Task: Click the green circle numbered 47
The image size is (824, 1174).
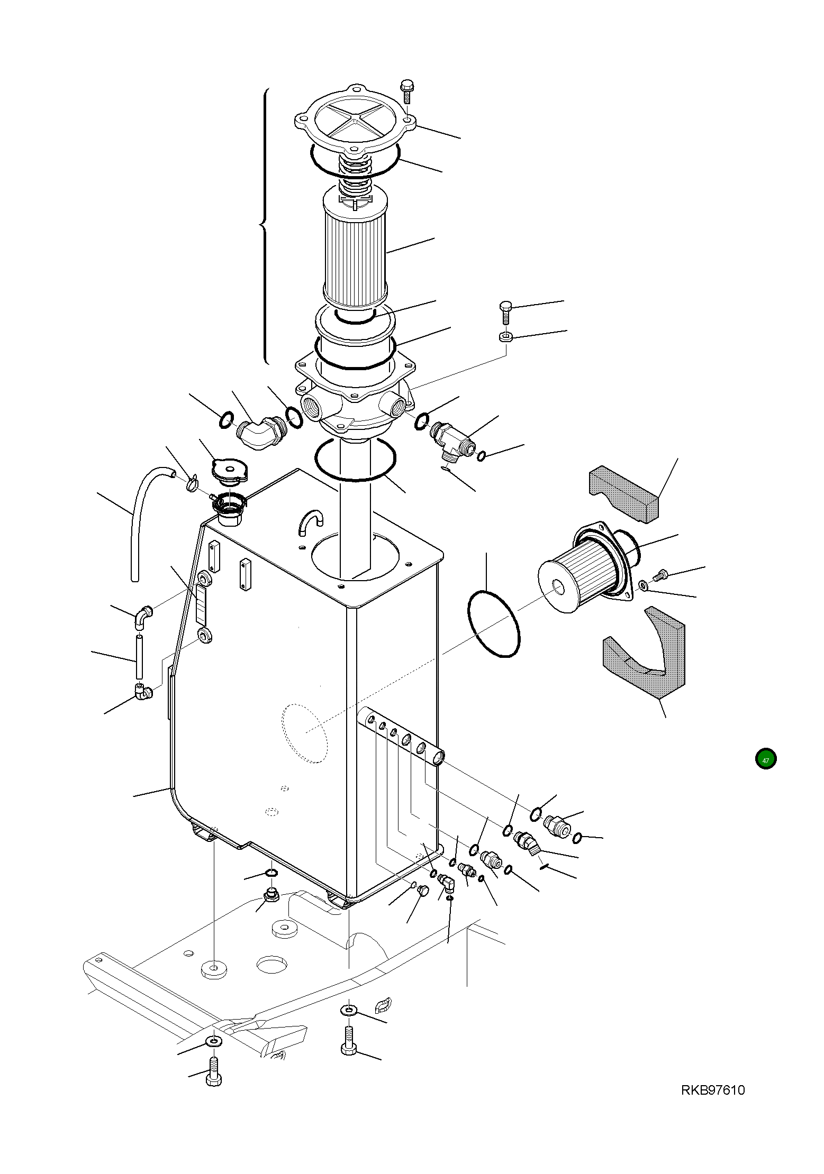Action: pyautogui.click(x=765, y=759)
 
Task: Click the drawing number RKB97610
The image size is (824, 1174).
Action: pyautogui.click(x=712, y=1090)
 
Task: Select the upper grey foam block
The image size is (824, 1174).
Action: pyautogui.click(x=624, y=494)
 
